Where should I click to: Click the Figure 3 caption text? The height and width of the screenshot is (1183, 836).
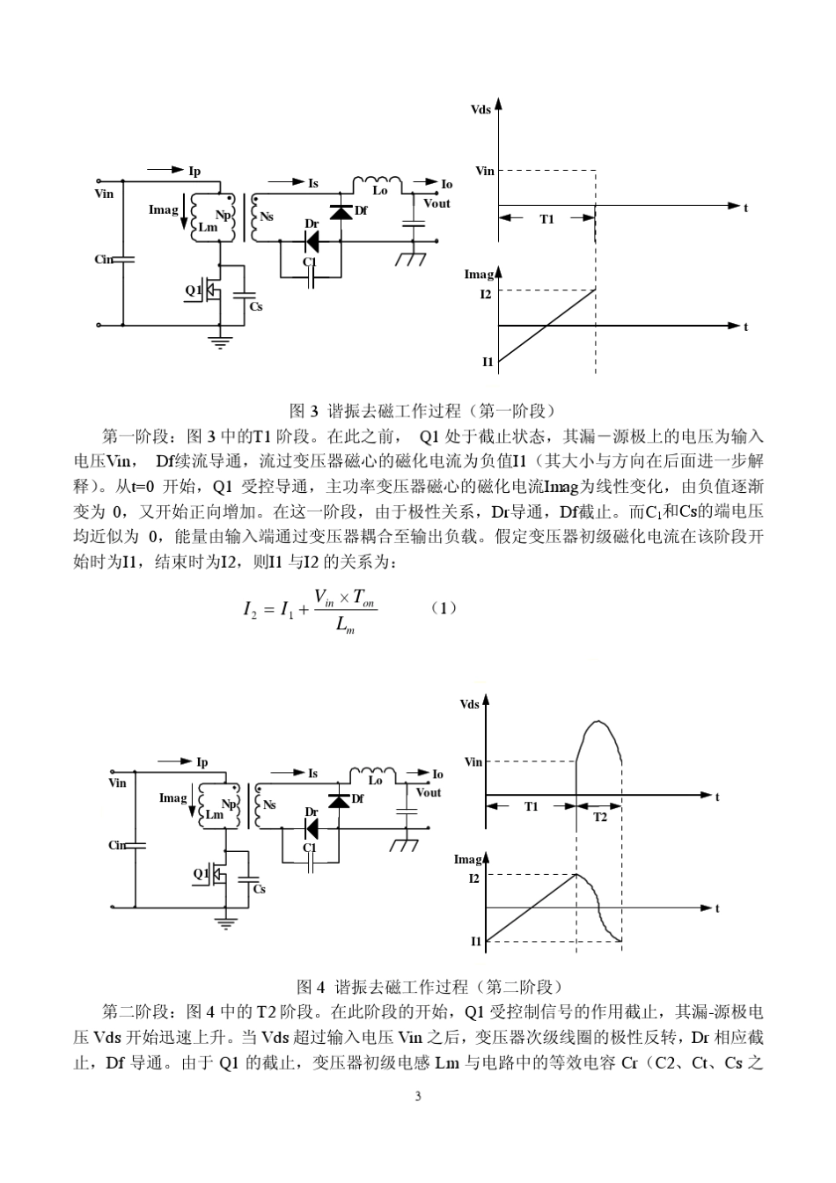(422, 410)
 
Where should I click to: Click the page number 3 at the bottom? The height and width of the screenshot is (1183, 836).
(418, 1096)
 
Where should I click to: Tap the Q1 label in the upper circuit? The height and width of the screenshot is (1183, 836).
(193, 289)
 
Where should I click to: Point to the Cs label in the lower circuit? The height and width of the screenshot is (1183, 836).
(259, 889)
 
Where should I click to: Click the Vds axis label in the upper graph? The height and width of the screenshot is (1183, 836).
(481, 110)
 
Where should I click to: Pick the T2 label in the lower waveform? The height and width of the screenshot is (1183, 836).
(599, 818)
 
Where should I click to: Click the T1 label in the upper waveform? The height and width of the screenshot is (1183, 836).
(546, 219)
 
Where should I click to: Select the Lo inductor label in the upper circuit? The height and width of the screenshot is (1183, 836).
(380, 190)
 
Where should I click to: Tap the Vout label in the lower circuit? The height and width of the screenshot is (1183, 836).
(429, 792)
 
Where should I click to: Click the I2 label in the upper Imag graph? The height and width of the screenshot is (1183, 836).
(485, 294)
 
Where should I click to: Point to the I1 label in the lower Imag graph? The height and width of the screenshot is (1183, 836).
(476, 941)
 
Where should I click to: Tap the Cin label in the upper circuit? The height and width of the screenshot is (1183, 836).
(104, 259)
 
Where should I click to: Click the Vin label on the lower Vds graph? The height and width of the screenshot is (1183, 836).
(473, 762)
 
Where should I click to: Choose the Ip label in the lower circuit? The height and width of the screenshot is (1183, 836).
(202, 762)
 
